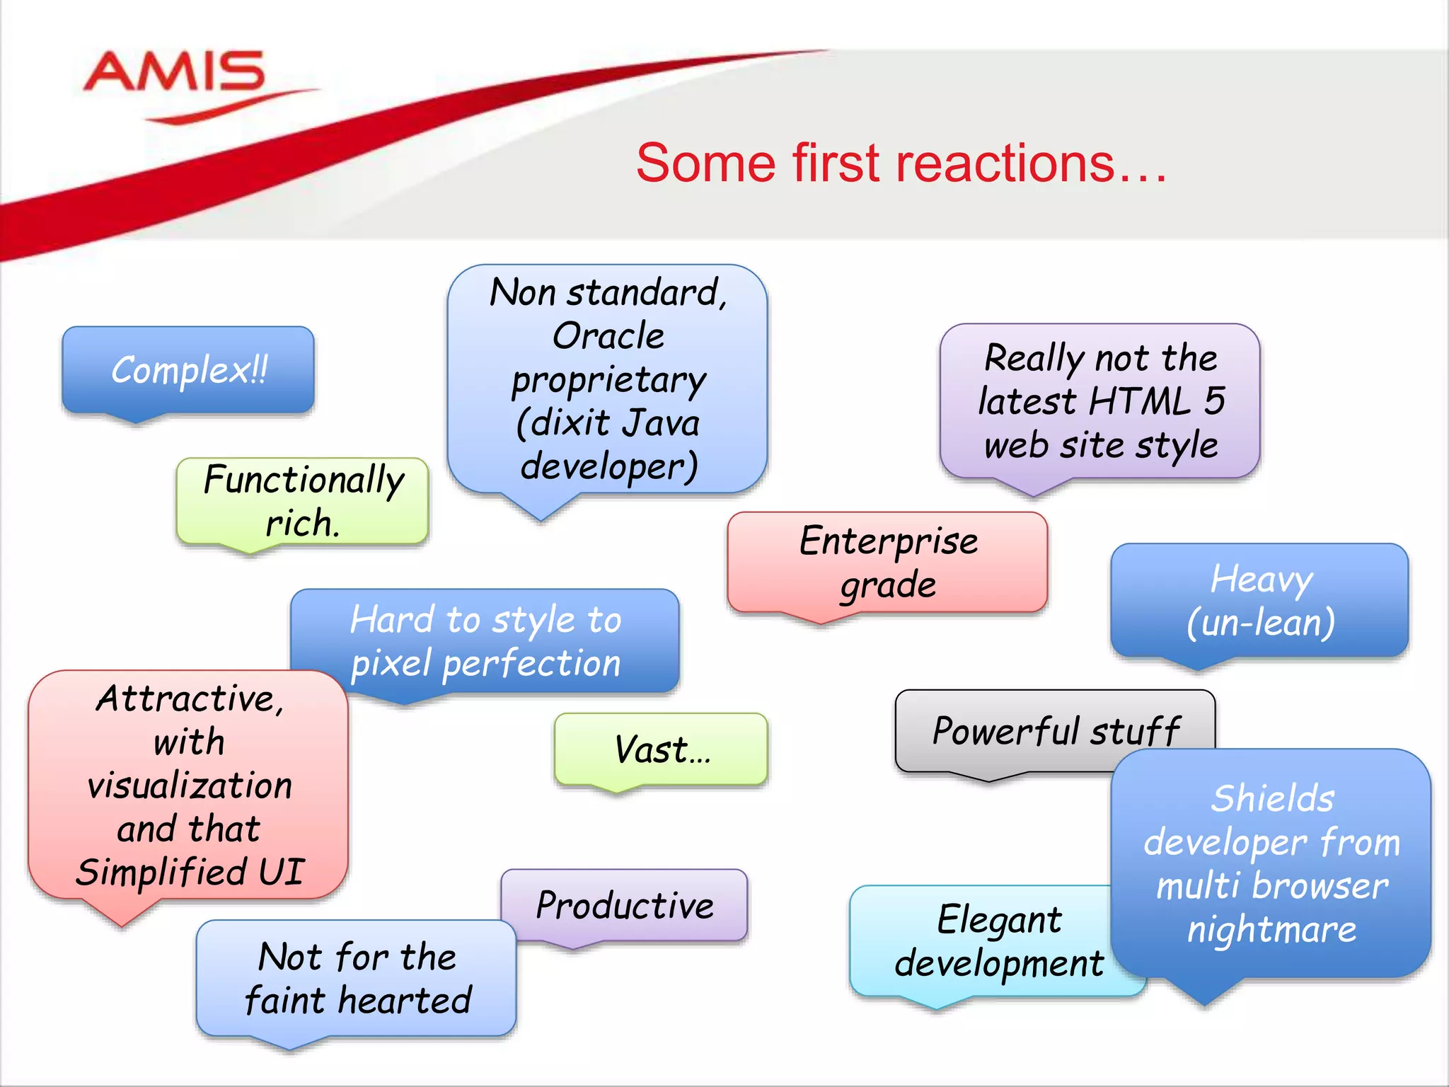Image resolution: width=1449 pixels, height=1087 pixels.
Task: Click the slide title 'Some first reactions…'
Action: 901,163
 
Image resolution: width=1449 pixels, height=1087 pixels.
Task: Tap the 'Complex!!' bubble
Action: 188,370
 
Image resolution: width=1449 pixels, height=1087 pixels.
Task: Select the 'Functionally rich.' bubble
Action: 302,501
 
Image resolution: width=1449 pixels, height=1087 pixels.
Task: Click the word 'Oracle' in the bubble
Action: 608,336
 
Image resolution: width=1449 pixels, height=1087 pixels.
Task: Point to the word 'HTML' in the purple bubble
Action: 1140,401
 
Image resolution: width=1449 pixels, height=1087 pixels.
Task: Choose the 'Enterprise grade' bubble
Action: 887,562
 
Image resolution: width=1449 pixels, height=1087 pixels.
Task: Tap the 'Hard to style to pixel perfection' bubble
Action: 485,641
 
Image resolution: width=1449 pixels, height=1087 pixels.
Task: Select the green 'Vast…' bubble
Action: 661,749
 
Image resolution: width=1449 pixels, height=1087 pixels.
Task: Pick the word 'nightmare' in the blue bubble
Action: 1271,929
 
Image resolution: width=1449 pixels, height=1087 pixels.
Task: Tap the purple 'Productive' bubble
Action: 624,905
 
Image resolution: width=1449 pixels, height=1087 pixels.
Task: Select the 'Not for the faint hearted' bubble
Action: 357,979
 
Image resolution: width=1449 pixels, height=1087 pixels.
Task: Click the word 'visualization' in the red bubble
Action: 189,786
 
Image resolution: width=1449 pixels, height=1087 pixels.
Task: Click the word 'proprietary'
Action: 608,381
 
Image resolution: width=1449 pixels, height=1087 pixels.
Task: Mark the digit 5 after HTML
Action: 1214,401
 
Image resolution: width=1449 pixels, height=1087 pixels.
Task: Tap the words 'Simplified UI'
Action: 189,872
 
